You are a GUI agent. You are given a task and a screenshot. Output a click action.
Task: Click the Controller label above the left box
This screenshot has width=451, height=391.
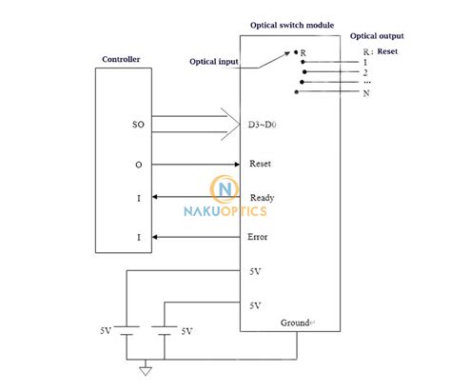point(121,60)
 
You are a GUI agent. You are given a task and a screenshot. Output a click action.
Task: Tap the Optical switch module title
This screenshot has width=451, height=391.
point(291,26)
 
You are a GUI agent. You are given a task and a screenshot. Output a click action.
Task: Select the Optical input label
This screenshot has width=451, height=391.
point(214,63)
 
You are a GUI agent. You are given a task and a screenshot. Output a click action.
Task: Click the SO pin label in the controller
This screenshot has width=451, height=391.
point(138,125)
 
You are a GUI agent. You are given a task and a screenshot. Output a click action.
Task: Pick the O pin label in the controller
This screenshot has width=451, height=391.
point(139,164)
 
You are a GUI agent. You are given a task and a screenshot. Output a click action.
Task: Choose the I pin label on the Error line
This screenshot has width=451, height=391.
point(139,237)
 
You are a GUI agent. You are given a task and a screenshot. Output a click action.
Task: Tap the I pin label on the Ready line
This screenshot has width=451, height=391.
point(139,198)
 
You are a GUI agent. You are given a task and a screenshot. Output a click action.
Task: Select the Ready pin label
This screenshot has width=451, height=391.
point(262,198)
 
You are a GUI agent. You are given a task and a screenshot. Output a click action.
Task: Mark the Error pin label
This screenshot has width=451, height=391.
point(258,237)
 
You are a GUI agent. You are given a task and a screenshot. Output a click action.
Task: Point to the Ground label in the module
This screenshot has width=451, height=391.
point(296,323)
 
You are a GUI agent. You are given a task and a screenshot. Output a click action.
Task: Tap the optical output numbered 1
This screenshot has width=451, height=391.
point(365,62)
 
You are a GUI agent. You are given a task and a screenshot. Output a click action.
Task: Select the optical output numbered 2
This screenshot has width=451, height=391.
point(365,72)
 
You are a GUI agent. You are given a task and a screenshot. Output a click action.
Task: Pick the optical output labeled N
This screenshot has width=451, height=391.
point(365,93)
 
